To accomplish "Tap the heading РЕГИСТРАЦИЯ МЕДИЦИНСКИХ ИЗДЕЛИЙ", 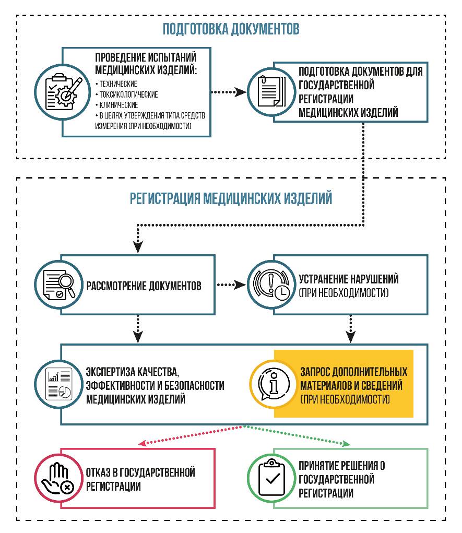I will tap(231, 198).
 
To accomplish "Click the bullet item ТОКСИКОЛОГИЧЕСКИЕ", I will tap(128, 94).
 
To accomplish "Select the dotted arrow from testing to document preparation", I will tap(229, 92).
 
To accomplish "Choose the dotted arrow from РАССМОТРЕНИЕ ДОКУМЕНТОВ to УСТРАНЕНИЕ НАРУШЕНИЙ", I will tap(230, 285).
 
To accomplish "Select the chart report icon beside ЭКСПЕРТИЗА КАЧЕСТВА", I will tap(59, 384).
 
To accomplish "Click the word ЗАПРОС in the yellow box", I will tap(316, 372).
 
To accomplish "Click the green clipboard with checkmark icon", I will tap(271, 478).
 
